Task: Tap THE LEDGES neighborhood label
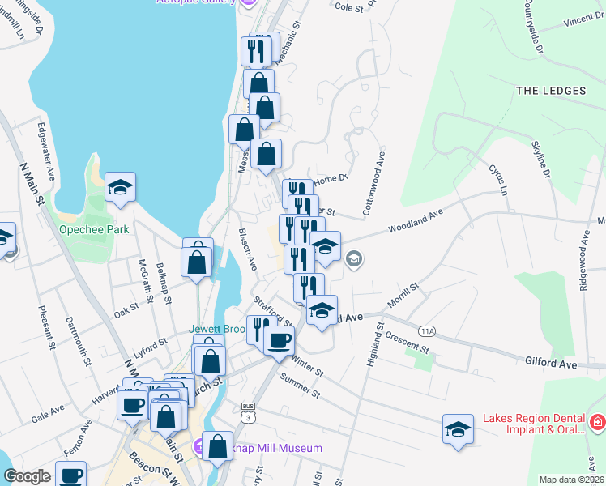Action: (551, 91)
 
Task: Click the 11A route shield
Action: (428, 330)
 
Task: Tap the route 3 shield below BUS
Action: (248, 416)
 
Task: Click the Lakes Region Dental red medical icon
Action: (597, 422)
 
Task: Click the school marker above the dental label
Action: (458, 428)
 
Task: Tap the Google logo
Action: (27, 476)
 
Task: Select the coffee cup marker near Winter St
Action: (280, 341)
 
